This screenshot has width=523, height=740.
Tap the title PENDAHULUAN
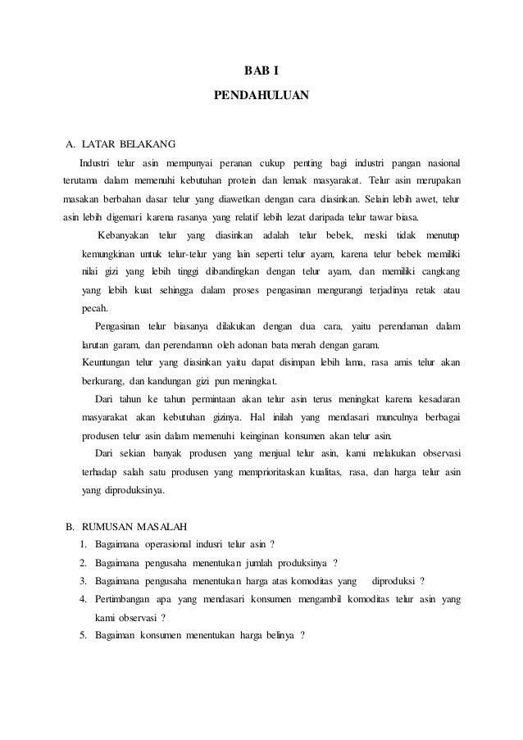(x=261, y=95)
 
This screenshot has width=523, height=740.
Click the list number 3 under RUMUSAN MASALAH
(x=84, y=581)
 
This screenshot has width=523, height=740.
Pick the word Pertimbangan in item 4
(x=124, y=600)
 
